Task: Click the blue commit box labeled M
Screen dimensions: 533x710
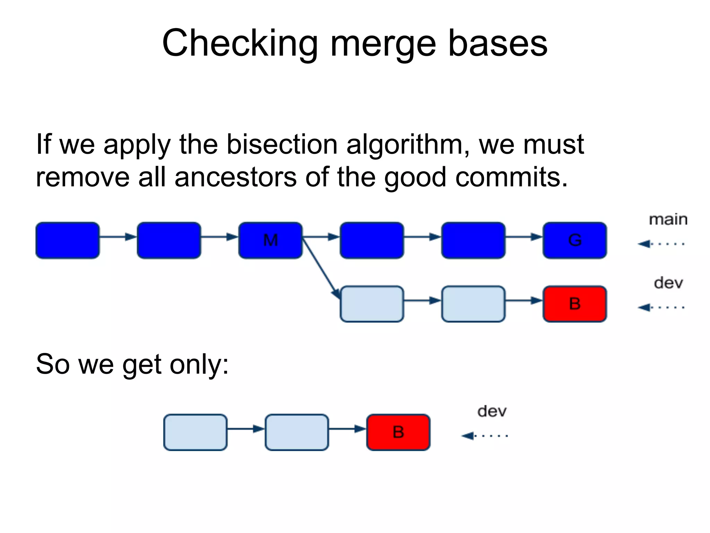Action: coord(270,240)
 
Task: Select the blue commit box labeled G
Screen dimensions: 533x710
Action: coord(575,240)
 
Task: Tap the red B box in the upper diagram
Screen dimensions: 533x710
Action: coord(575,304)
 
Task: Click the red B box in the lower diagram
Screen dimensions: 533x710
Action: coord(398,432)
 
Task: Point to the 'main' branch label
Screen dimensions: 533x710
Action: coord(668,220)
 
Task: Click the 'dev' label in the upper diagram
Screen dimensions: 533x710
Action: coord(668,283)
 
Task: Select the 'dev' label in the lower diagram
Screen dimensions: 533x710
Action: coord(492,412)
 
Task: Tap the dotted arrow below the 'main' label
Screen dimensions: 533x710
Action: coord(661,244)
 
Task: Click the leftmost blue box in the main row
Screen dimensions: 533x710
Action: coord(68,240)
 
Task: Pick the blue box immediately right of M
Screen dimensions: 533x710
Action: coord(372,240)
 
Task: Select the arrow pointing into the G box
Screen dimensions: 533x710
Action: coord(524,237)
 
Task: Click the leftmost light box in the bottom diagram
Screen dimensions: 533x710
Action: coord(195,432)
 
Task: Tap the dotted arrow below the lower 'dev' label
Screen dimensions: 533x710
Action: coord(484,435)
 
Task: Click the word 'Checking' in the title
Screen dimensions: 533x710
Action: coord(240,43)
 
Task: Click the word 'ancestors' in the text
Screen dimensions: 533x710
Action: coord(235,177)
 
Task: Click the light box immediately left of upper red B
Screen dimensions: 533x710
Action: coord(473,304)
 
